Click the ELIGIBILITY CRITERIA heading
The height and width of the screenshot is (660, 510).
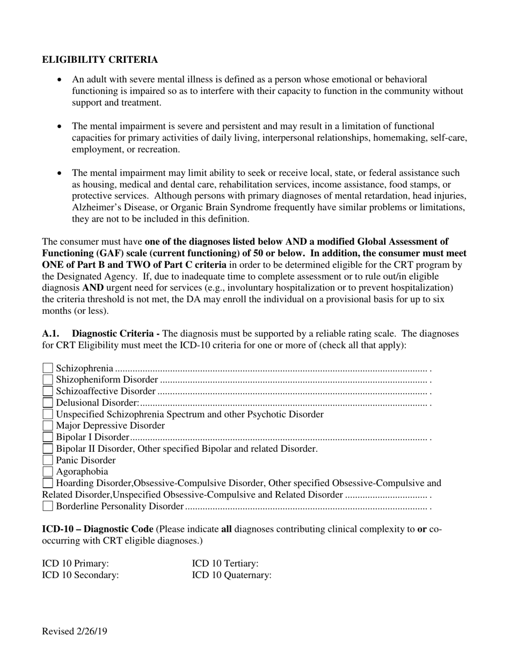pos(100,60)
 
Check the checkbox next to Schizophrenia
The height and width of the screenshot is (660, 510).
pos(48,368)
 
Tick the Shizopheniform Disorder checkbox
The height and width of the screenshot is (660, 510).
pos(48,380)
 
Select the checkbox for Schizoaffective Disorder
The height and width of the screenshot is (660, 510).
pos(48,391)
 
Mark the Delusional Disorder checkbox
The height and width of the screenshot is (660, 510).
pos(48,402)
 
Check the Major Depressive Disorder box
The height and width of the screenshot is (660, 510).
pos(48,426)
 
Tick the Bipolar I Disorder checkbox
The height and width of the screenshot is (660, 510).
pos(48,437)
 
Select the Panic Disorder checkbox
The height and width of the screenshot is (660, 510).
pos(48,460)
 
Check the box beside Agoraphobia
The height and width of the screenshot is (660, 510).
pos(48,472)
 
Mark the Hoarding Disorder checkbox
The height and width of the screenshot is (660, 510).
pos(48,483)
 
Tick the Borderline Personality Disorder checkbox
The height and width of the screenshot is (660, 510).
pos(48,506)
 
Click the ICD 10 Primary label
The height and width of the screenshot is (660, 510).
pos(76,563)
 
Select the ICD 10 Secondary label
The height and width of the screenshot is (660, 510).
pos(81,575)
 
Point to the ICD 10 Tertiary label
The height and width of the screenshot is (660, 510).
pos(225,563)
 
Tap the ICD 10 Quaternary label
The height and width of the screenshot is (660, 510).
pos(232,575)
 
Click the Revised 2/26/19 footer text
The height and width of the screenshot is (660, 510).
pos(75,631)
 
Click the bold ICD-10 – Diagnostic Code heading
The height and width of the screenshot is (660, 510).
pos(98,529)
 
